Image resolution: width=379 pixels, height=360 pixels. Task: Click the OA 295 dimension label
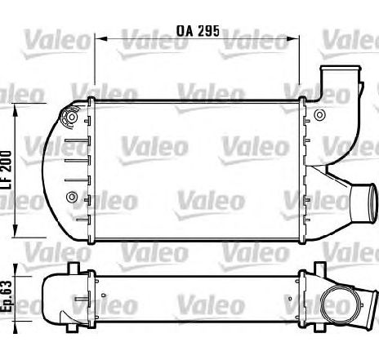coord(198,31)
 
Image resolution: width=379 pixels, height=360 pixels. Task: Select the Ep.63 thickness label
coord(7,296)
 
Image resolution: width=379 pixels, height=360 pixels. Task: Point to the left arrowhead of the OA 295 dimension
coord(100,38)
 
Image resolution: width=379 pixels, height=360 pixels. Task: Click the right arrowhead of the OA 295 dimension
coord(295,38)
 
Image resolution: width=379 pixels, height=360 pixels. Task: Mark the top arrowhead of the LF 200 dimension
coord(16,109)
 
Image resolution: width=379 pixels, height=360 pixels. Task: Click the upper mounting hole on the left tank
coord(72,118)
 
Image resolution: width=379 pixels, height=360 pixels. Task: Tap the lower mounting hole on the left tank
coord(72,197)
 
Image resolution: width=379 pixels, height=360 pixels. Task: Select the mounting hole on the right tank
coord(319,114)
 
